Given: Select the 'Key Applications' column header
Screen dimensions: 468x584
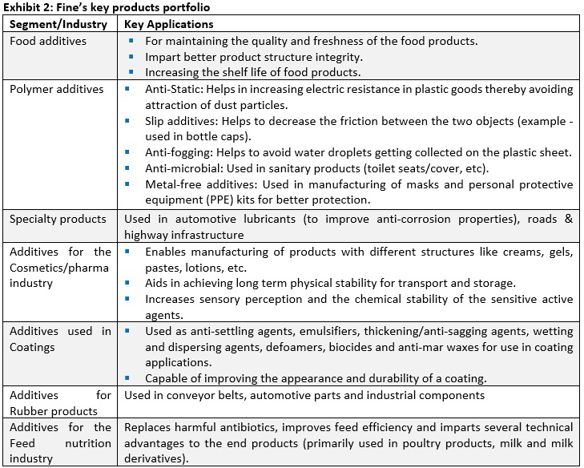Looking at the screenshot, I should point(169,24).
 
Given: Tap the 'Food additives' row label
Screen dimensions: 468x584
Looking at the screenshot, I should point(48,41).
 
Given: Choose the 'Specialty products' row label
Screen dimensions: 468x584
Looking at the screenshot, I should point(58,219).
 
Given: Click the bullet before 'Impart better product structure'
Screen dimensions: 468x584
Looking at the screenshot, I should point(130,57).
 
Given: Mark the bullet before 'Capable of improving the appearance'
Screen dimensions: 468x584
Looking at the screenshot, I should point(130,378).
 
